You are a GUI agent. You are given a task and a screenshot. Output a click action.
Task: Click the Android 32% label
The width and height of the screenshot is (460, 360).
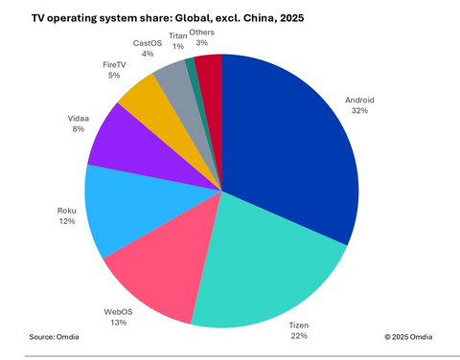click(x=359, y=103)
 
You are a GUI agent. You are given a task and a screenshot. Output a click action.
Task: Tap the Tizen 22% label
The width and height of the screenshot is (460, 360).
click(x=299, y=331)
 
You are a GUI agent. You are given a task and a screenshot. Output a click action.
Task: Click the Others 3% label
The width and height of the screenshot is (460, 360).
click(x=201, y=38)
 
